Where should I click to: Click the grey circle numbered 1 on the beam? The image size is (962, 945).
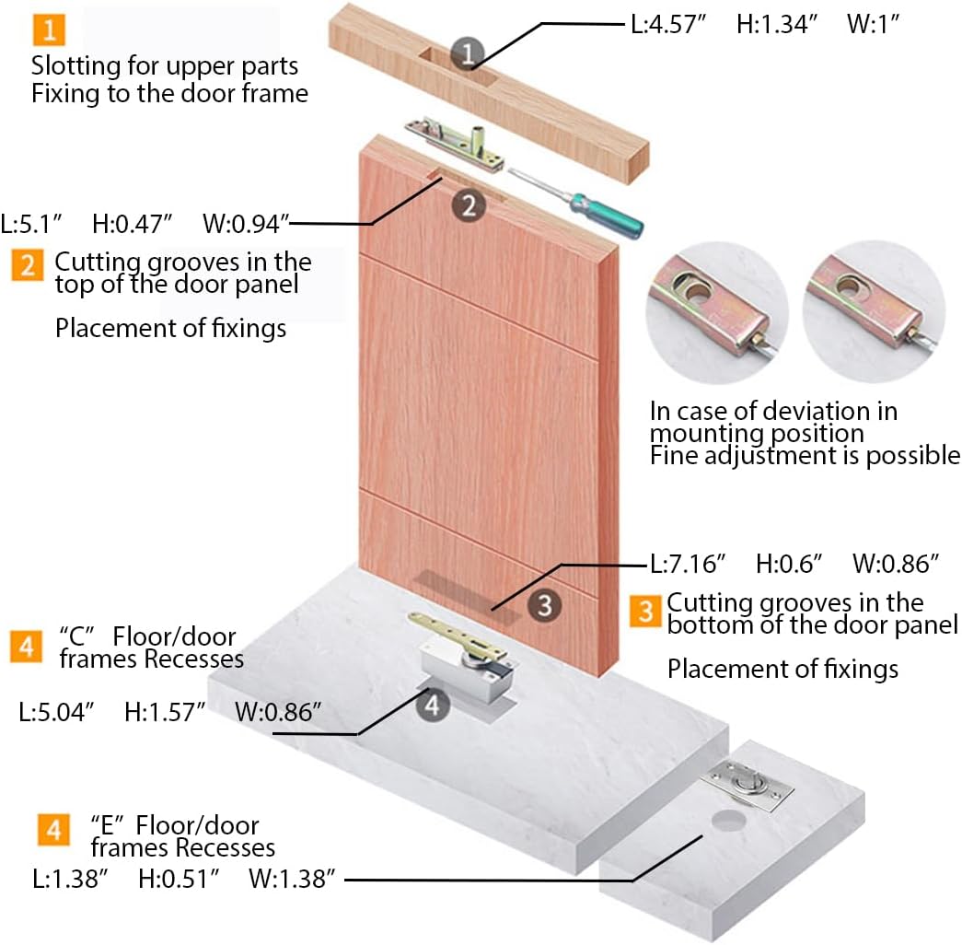coord(467,54)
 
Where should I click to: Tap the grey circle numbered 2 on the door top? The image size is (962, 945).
coord(469,205)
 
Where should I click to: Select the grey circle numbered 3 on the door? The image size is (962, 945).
coord(545,605)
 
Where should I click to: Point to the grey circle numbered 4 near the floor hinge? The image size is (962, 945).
coord(433,706)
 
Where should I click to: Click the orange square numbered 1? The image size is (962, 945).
coord(49,30)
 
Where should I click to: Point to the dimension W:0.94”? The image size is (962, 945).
coord(247,223)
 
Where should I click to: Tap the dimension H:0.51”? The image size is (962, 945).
coord(179,879)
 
